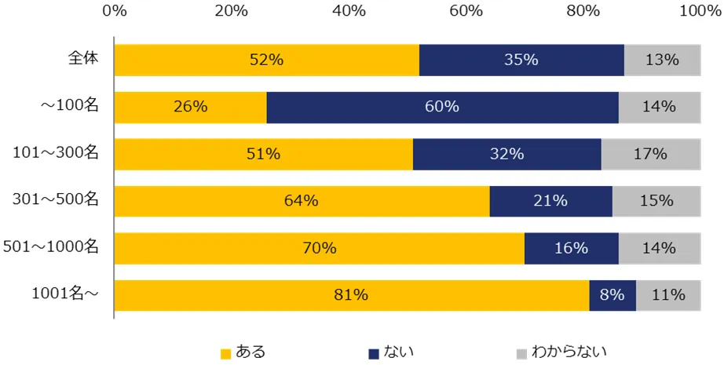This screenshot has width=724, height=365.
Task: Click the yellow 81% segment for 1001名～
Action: [x=351, y=295]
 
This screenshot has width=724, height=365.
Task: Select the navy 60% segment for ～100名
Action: [x=442, y=107]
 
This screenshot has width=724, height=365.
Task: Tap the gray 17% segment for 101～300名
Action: [x=649, y=154]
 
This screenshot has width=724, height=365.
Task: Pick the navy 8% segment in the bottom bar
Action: [x=612, y=295]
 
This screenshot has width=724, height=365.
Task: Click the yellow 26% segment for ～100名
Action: [x=190, y=107]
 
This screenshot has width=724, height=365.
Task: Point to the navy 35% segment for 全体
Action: [x=521, y=60]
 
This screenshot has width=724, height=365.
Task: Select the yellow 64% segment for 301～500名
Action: [x=302, y=201]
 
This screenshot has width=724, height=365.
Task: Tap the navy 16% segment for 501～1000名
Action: [x=571, y=248]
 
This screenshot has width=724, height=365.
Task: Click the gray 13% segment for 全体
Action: [x=661, y=60]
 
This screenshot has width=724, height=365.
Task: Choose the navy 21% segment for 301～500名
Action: [x=550, y=201]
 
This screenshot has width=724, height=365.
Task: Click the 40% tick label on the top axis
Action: [x=349, y=11]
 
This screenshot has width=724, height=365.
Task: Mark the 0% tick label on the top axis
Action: [x=115, y=11]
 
